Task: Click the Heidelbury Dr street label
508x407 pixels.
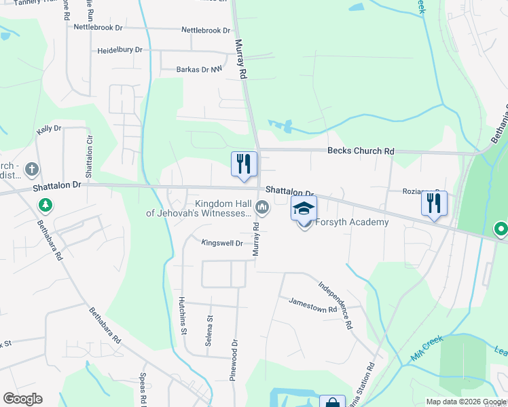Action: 120,50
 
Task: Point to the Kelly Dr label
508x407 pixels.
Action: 49,128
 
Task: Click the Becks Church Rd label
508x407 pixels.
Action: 361,151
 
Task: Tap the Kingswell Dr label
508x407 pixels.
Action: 222,242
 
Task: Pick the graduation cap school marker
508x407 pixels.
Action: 304,208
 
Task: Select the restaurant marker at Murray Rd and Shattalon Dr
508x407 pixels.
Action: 244,163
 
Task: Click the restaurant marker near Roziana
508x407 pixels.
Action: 433,203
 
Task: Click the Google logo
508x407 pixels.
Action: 22,399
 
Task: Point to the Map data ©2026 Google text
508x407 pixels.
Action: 467,402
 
